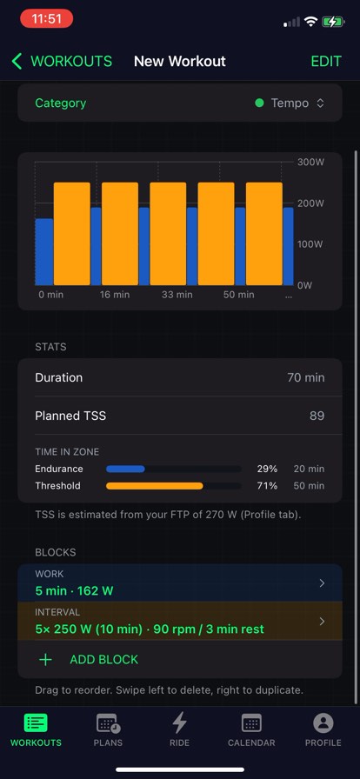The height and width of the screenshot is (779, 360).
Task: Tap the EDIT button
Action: pyautogui.click(x=326, y=61)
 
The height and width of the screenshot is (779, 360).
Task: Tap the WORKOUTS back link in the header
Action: pyautogui.click(x=62, y=61)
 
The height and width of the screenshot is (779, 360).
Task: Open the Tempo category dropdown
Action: pyautogui.click(x=290, y=103)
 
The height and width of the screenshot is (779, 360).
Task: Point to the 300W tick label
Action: pyautogui.click(x=310, y=162)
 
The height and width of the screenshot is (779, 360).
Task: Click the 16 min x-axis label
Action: pyautogui.click(x=115, y=295)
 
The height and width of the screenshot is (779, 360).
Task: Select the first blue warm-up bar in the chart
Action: pyautogui.click(x=44, y=252)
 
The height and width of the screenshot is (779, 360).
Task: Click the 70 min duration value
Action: pyautogui.click(x=306, y=377)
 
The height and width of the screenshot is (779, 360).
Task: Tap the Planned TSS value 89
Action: pyautogui.click(x=317, y=416)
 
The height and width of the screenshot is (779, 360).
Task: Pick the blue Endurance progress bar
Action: pyautogui.click(x=125, y=469)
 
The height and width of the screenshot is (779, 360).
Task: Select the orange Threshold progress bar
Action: pyautogui.click(x=155, y=486)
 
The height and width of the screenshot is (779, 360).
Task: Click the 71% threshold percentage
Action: pyautogui.click(x=267, y=486)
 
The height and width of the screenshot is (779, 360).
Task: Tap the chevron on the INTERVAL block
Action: pyautogui.click(x=322, y=621)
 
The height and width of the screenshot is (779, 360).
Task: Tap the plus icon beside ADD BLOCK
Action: pyautogui.click(x=45, y=660)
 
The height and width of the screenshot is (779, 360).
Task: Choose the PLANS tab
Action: pyautogui.click(x=108, y=730)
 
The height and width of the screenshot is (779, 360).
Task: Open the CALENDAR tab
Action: pyautogui.click(x=251, y=730)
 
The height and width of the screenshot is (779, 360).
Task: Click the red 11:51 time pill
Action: pyautogui.click(x=47, y=19)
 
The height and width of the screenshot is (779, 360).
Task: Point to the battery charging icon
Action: pyautogui.click(x=333, y=22)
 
